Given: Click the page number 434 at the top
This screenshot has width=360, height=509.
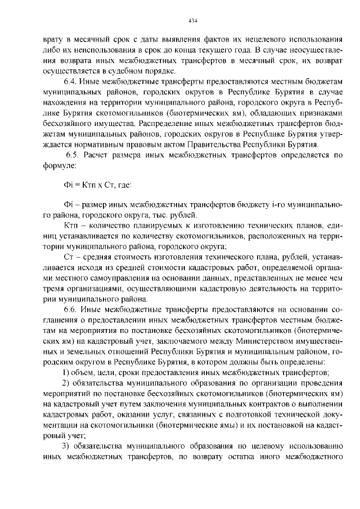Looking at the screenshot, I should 192,21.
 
